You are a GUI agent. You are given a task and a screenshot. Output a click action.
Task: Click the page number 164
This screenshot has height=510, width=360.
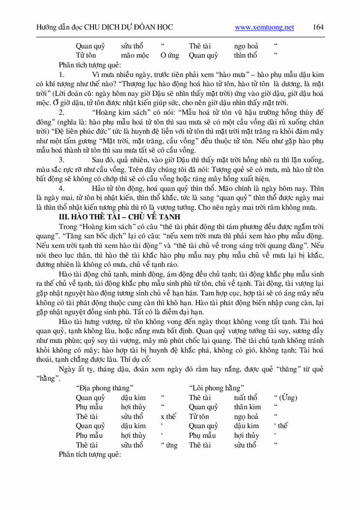pos(318,27)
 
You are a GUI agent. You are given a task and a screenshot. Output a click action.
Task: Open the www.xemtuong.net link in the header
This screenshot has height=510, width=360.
pos(264,28)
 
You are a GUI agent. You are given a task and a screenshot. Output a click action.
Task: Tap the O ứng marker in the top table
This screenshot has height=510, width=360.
pos(169,55)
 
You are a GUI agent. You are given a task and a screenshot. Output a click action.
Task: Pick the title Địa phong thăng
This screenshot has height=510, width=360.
pos(105,387)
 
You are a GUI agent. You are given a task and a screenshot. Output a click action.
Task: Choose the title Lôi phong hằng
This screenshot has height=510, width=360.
pos(216,387)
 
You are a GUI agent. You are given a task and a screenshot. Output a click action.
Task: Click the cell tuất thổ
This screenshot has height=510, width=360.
pos(246,398)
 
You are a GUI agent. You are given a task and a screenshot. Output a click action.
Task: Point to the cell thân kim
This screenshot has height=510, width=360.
pos(247,407)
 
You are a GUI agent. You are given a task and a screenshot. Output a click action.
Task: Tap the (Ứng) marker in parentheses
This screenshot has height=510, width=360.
pos(285,398)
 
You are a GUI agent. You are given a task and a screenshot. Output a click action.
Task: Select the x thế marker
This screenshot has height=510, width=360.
pos(168,417)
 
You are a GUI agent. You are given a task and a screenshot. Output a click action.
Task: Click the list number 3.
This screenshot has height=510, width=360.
pos(61,159)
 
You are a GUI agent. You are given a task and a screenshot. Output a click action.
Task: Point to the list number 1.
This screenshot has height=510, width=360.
pos(61,75)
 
